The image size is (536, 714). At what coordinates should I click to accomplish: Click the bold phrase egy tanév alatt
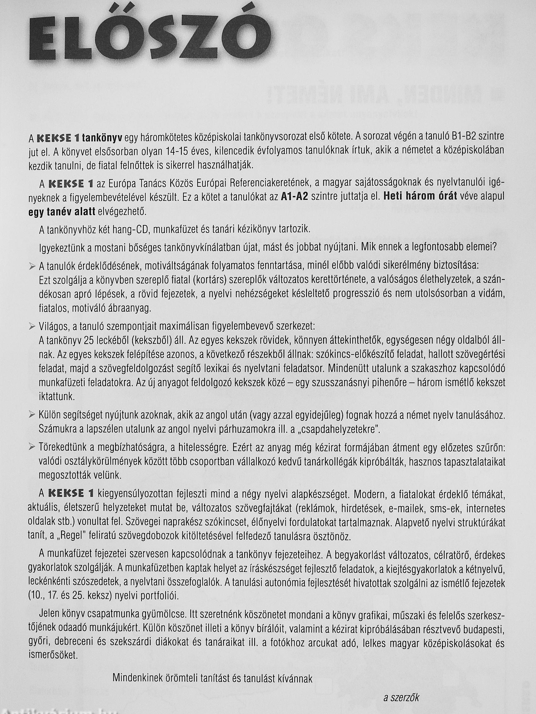pos(62,212)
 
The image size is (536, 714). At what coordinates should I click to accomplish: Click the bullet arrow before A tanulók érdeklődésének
pos(32,266)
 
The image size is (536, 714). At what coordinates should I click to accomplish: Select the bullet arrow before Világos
pos(32,327)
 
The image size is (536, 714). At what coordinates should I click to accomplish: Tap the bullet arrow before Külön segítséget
pos(32,415)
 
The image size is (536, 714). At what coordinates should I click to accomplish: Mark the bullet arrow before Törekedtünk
pos(32,447)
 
